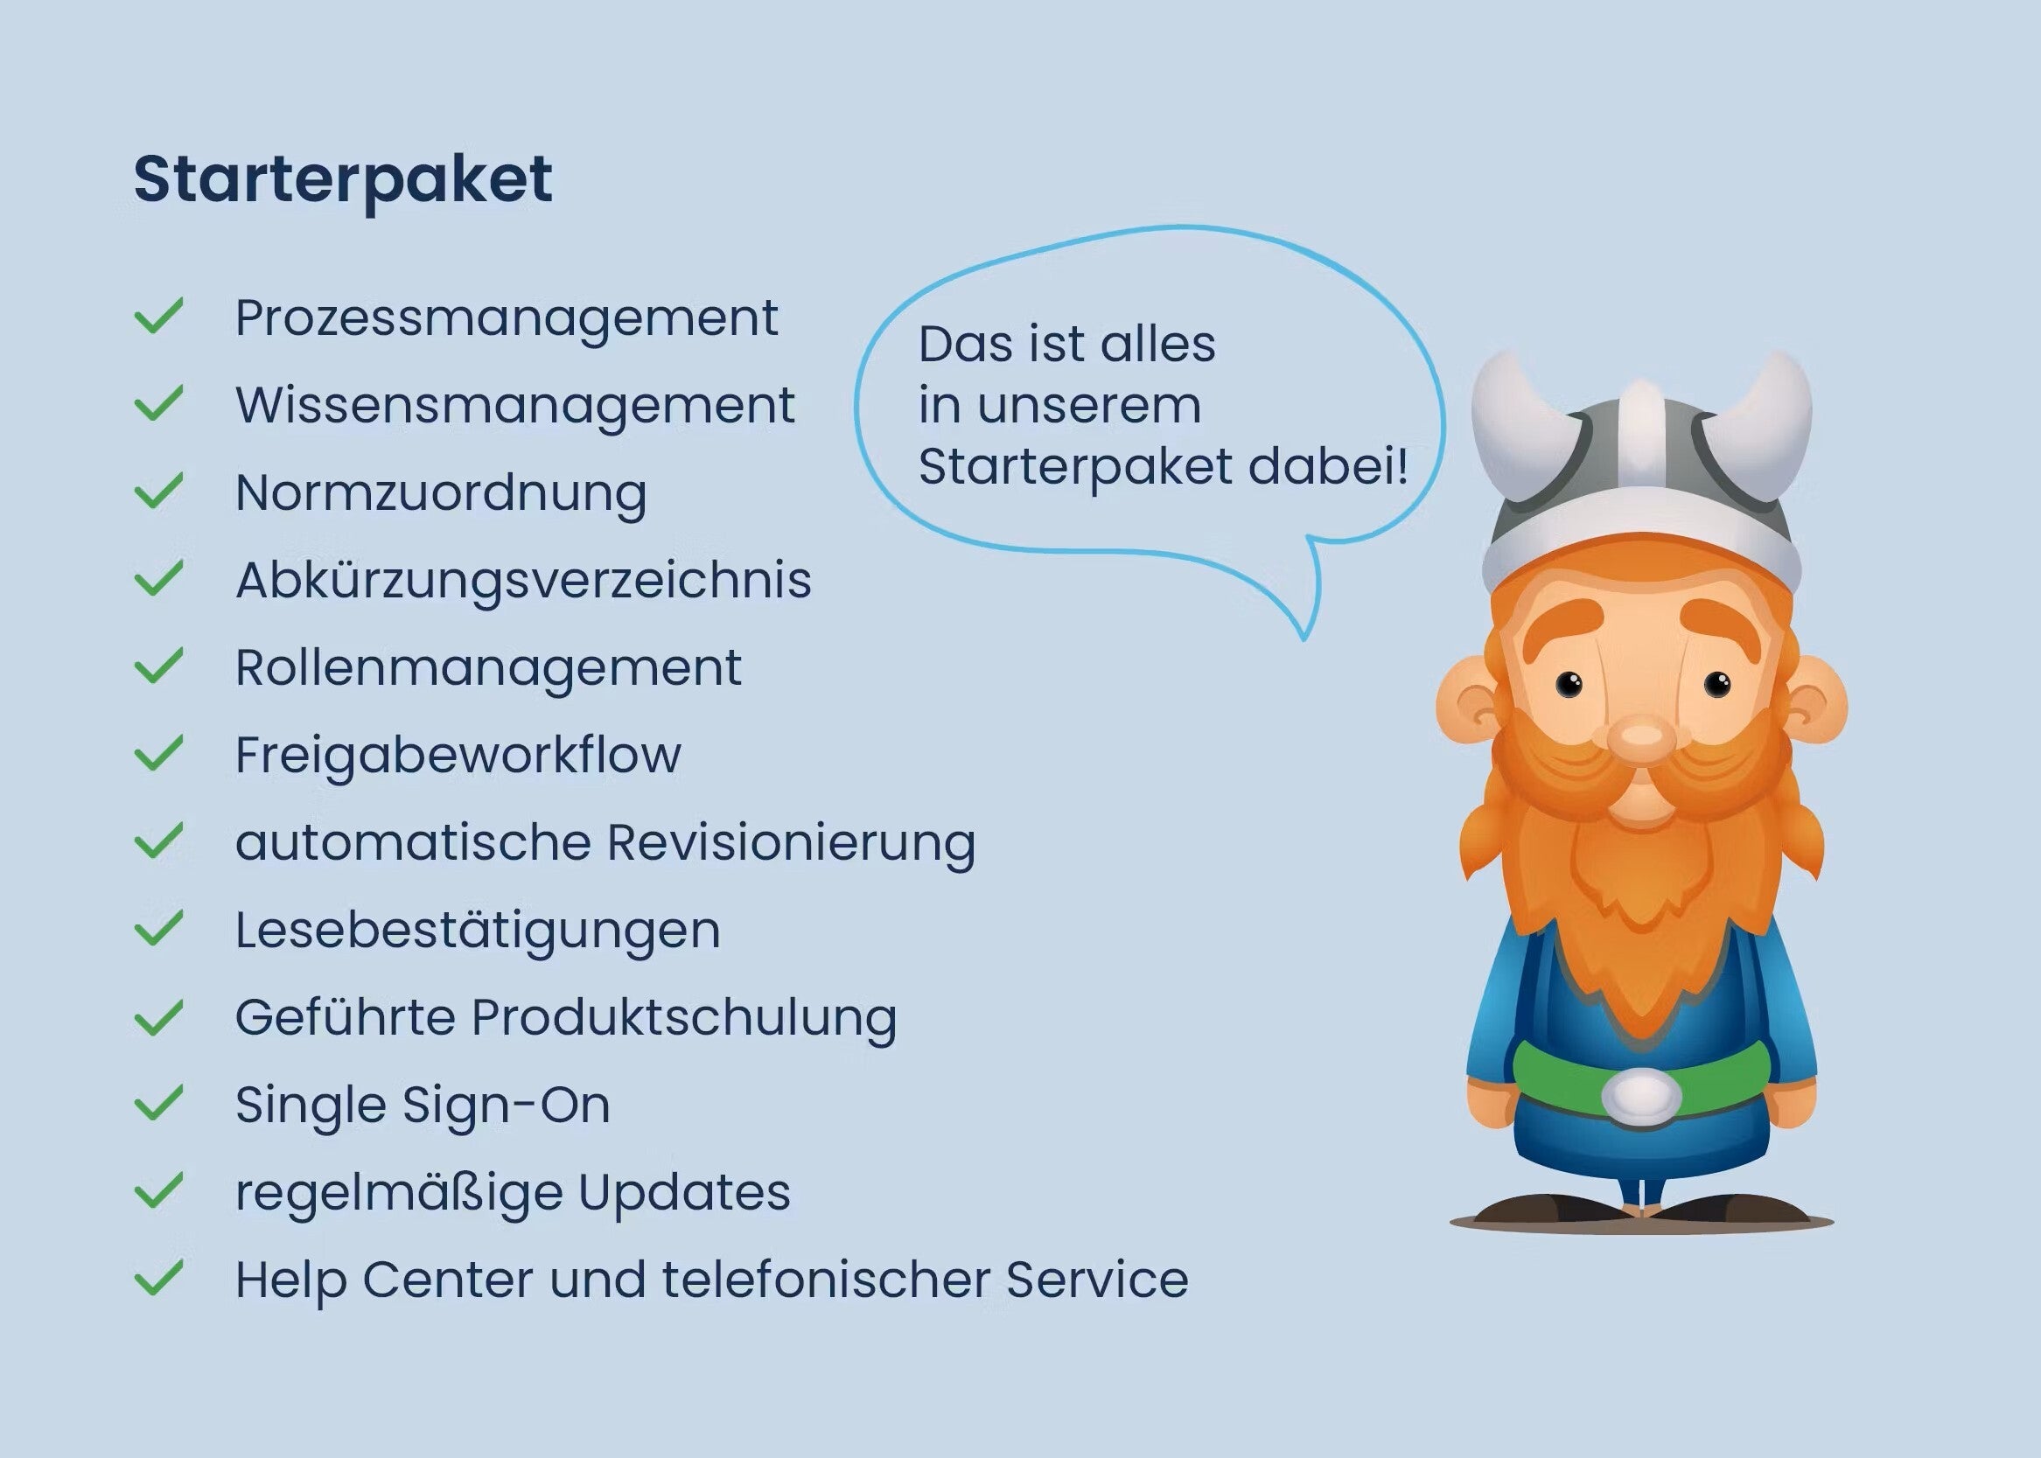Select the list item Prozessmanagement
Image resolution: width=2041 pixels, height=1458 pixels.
coord(507,318)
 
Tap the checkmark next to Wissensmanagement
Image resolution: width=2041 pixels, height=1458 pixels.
coord(159,403)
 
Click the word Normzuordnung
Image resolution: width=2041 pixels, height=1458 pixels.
coord(441,494)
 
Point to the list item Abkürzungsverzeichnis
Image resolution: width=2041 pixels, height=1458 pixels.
coord(523,581)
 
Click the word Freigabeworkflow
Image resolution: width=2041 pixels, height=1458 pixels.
coord(458,754)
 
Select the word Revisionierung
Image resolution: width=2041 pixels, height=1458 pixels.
coord(791,843)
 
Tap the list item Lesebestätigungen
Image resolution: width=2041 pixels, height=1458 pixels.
coord(478,930)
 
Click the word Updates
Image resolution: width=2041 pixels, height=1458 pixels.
coord(684,1193)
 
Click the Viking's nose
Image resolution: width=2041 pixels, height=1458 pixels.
coord(1642,737)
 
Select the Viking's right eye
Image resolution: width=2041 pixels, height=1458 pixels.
coord(1569,684)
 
